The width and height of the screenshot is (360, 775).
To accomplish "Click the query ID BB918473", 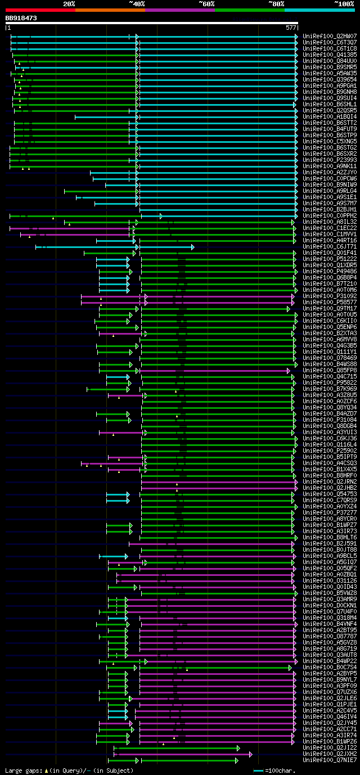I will [x=21, y=18].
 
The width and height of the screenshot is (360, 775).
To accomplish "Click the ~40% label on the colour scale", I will [x=137, y=3].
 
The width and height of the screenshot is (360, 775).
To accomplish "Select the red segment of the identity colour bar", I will [x=40, y=10].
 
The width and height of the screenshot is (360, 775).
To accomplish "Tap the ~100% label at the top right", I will [x=344, y=3].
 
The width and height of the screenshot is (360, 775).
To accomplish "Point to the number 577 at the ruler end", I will [x=291, y=27].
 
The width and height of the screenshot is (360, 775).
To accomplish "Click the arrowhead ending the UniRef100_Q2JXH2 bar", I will [x=250, y=754].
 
